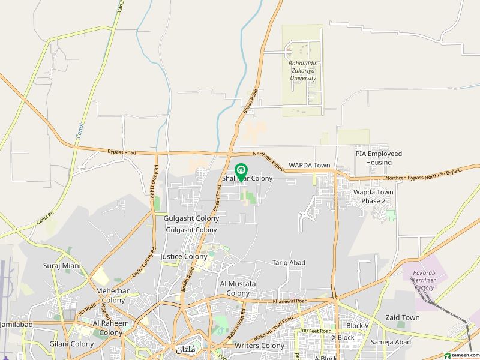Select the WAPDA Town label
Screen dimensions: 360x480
point(310,165)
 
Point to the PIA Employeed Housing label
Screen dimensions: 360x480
point(379,158)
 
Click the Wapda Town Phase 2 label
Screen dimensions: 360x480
point(373,196)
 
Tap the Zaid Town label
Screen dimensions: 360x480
point(403,317)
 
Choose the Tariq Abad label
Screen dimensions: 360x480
point(289,263)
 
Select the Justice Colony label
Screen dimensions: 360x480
point(184,256)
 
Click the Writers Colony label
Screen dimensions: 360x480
point(260,346)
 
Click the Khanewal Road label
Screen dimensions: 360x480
point(289,301)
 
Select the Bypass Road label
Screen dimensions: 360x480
point(122,153)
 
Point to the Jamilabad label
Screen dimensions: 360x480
point(16,324)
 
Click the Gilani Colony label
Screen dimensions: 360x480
point(71,344)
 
